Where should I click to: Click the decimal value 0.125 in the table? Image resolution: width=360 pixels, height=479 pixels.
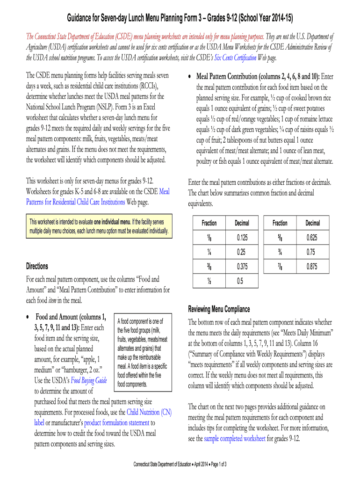[242, 238]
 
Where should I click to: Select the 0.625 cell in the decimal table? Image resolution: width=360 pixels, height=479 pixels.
[312, 238]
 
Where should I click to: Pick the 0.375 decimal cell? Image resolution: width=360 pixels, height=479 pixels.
[242, 267]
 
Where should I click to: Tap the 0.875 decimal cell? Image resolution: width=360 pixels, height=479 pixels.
[312, 267]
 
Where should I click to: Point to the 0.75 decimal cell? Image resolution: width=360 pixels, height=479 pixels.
[312, 253]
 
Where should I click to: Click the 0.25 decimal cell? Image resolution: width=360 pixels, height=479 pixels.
[242, 253]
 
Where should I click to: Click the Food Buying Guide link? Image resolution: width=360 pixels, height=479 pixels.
[89, 381]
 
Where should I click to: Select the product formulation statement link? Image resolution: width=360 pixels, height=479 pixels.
[117, 423]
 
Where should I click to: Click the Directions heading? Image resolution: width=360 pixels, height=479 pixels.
[37, 266]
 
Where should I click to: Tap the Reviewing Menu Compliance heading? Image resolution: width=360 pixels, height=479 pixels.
[219, 309]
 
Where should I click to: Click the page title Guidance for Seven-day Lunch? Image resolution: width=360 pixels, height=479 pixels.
[180, 18]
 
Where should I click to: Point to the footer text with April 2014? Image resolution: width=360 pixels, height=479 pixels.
[180, 464]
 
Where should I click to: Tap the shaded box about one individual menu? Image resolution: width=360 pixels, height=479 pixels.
[99, 225]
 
